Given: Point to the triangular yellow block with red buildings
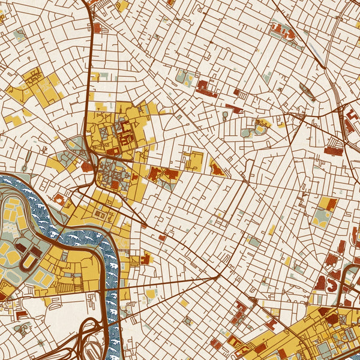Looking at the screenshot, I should click(x=217, y=169).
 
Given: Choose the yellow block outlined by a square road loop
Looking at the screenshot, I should click(x=194, y=160).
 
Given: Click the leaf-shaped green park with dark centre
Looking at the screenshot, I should click(x=308, y=92).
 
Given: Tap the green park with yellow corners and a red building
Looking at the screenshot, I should click(x=325, y=211).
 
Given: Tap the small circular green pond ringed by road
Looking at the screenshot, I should click(x=224, y=113).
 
